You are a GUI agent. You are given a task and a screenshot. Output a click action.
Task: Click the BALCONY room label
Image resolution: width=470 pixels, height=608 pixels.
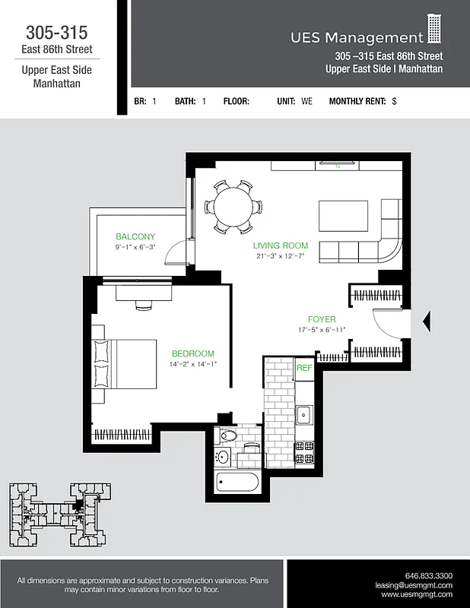point(135,236)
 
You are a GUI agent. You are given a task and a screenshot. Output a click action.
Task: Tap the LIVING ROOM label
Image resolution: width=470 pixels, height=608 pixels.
point(281,245)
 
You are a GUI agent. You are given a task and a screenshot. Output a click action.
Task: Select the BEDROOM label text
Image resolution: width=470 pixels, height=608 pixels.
point(192,353)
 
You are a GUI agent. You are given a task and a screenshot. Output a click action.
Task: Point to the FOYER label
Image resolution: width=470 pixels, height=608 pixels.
point(322,319)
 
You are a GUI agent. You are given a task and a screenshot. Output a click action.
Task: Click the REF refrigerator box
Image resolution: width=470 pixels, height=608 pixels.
point(304,368)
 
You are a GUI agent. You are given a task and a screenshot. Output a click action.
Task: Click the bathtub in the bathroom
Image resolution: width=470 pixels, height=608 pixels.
point(237,483)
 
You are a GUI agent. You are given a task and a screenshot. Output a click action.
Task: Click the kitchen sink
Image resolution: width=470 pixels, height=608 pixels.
point(304,414)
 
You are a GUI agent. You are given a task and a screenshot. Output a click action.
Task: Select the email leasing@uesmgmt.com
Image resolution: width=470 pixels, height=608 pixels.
point(414,585)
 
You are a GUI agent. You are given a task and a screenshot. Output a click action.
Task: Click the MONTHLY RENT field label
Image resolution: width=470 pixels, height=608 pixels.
point(357,101)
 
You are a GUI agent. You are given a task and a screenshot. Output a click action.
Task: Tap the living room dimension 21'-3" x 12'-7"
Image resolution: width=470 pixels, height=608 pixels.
point(281,256)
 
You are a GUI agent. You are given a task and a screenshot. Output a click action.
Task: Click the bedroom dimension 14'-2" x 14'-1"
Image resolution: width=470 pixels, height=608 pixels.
point(192,364)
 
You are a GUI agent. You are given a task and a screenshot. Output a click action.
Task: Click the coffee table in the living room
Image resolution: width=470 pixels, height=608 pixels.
point(343,215)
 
